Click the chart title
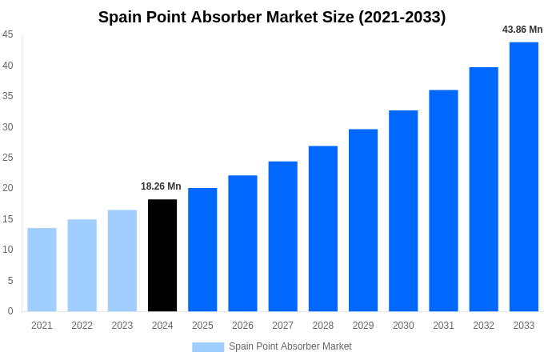click(272, 17)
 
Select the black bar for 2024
click(162, 255)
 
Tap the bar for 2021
click(42, 270)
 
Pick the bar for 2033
click(524, 177)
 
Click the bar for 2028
click(323, 229)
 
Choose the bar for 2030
click(403, 211)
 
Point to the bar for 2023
click(122, 261)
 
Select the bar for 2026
click(242, 243)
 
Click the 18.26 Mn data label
click(161, 186)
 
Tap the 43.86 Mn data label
click(522, 30)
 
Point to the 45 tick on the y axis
click(8, 34)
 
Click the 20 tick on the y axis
click(8, 188)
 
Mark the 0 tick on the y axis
click(10, 311)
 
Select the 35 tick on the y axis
click(8, 96)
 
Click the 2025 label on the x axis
click(202, 326)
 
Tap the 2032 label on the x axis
click(483, 326)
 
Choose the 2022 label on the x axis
click(82, 326)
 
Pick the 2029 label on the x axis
click(363, 326)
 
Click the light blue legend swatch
click(208, 346)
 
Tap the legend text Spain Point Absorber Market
click(290, 346)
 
